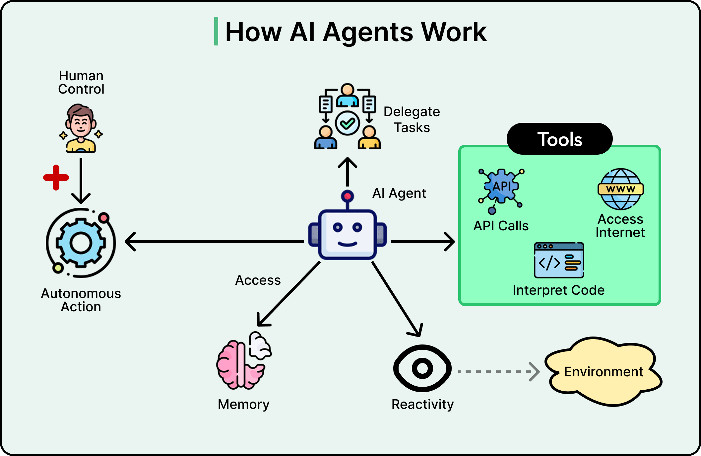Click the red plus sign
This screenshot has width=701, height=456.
pyautogui.click(x=56, y=178)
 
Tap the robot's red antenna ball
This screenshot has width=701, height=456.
pyautogui.click(x=348, y=196)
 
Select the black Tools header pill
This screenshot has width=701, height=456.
pyautogui.click(x=559, y=139)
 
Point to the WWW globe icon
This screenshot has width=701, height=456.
pyautogui.click(x=620, y=189)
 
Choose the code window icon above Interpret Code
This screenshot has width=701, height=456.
pyautogui.click(x=559, y=260)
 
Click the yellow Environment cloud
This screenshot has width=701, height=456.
pyautogui.click(x=604, y=372)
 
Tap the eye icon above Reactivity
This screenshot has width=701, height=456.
pyautogui.click(x=422, y=368)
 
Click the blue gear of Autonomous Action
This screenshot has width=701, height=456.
pyautogui.click(x=81, y=243)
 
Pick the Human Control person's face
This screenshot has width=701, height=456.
pyautogui.click(x=81, y=124)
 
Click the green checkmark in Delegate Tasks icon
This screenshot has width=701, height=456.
pyautogui.click(x=348, y=124)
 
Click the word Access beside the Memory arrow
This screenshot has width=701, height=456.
pyautogui.click(x=258, y=280)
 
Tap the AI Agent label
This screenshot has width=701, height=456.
pyautogui.click(x=399, y=193)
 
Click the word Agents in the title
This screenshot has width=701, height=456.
pyautogui.click(x=368, y=32)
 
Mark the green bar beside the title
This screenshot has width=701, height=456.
pyautogui.click(x=216, y=31)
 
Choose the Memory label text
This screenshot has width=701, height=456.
pyautogui.click(x=243, y=405)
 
